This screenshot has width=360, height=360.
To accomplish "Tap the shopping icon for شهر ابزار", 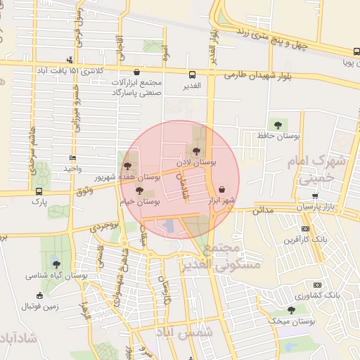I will click(223, 189).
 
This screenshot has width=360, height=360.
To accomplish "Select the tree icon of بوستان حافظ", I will click(278, 124).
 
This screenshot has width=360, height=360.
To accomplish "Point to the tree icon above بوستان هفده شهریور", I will click(127, 167).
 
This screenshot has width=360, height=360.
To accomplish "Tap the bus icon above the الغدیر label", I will click(191, 75).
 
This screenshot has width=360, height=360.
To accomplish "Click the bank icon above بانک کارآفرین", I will click(305, 229).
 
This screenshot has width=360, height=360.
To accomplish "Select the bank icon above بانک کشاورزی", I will click(317, 285).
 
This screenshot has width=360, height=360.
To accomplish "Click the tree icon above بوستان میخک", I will click(291, 310).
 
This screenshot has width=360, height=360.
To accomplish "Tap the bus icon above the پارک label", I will click(38, 191).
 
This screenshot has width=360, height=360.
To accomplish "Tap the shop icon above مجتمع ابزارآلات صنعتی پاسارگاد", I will click(136, 72).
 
